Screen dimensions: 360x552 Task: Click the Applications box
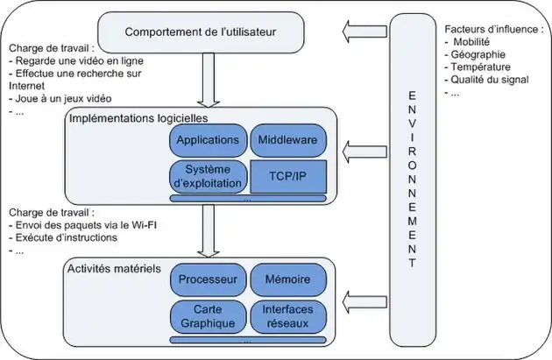tap(207, 140)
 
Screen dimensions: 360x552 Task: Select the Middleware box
tap(287, 140)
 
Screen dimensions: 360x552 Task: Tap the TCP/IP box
tap(287, 175)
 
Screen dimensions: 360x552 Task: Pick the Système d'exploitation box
tap(207, 176)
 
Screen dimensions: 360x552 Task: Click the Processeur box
tap(207, 280)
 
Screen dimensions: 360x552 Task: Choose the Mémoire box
tap(287, 280)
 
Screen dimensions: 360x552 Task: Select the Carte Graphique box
tap(207, 316)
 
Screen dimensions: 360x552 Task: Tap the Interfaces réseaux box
tap(287, 316)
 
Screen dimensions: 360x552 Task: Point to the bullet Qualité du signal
tap(491, 78)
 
